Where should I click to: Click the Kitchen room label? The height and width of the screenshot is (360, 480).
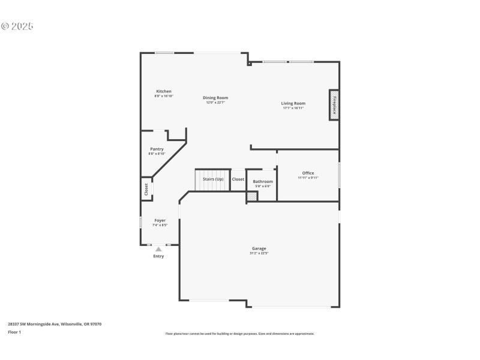pyautogui.click(x=164, y=91)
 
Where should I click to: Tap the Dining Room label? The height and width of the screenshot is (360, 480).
pyautogui.click(x=215, y=98)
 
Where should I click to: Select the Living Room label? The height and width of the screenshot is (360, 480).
pyautogui.click(x=293, y=103)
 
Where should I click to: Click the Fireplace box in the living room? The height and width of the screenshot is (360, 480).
pyautogui.click(x=334, y=106)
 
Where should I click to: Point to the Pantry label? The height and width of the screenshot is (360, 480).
pyautogui.click(x=157, y=149)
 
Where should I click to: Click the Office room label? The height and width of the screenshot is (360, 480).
pyautogui.click(x=308, y=173)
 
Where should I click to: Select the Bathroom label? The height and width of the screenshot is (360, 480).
pyautogui.click(x=263, y=181)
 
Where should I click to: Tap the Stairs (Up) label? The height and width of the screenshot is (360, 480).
pyautogui.click(x=213, y=179)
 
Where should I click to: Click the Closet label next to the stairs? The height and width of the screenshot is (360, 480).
pyautogui.click(x=238, y=179)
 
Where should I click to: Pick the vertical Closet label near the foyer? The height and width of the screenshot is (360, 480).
pyautogui.click(x=146, y=189)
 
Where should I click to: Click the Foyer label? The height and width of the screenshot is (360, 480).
pyautogui.click(x=160, y=220)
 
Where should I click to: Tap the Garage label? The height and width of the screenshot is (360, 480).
pyautogui.click(x=259, y=248)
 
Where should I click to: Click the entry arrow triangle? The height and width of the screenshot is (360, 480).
pyautogui.click(x=158, y=248)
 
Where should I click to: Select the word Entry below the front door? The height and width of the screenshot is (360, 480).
pyautogui.click(x=158, y=256)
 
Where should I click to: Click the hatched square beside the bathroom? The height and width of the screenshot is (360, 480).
pyautogui.click(x=252, y=196)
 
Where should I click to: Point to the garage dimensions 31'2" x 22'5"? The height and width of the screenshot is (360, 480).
pyautogui.click(x=259, y=253)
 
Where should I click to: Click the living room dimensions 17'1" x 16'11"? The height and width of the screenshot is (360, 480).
pyautogui.click(x=293, y=108)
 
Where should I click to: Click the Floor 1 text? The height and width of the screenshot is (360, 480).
pyautogui.click(x=14, y=332)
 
